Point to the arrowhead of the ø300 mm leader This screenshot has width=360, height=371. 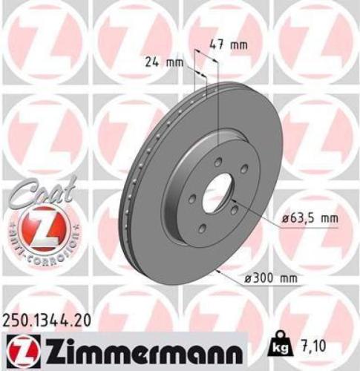tap(214, 271)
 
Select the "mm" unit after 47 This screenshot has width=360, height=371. tap(238, 45)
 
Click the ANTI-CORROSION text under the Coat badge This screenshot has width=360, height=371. tap(42, 245)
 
